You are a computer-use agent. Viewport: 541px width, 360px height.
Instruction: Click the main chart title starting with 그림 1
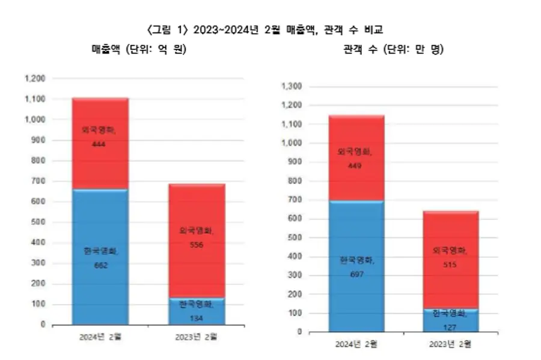(x=271, y=29)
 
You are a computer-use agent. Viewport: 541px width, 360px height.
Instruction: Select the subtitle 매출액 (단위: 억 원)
(x=139, y=50)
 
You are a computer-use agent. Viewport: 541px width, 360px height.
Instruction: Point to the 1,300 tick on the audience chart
(x=290, y=87)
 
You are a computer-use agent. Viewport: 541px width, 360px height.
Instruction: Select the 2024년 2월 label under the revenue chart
(x=100, y=337)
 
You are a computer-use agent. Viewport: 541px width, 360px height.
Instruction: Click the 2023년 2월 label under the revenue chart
(x=198, y=337)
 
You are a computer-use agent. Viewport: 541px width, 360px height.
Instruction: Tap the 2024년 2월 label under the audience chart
(x=356, y=344)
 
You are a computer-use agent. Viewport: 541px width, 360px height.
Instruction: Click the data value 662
(x=100, y=265)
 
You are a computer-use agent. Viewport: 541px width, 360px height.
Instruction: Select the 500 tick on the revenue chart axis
(x=38, y=222)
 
